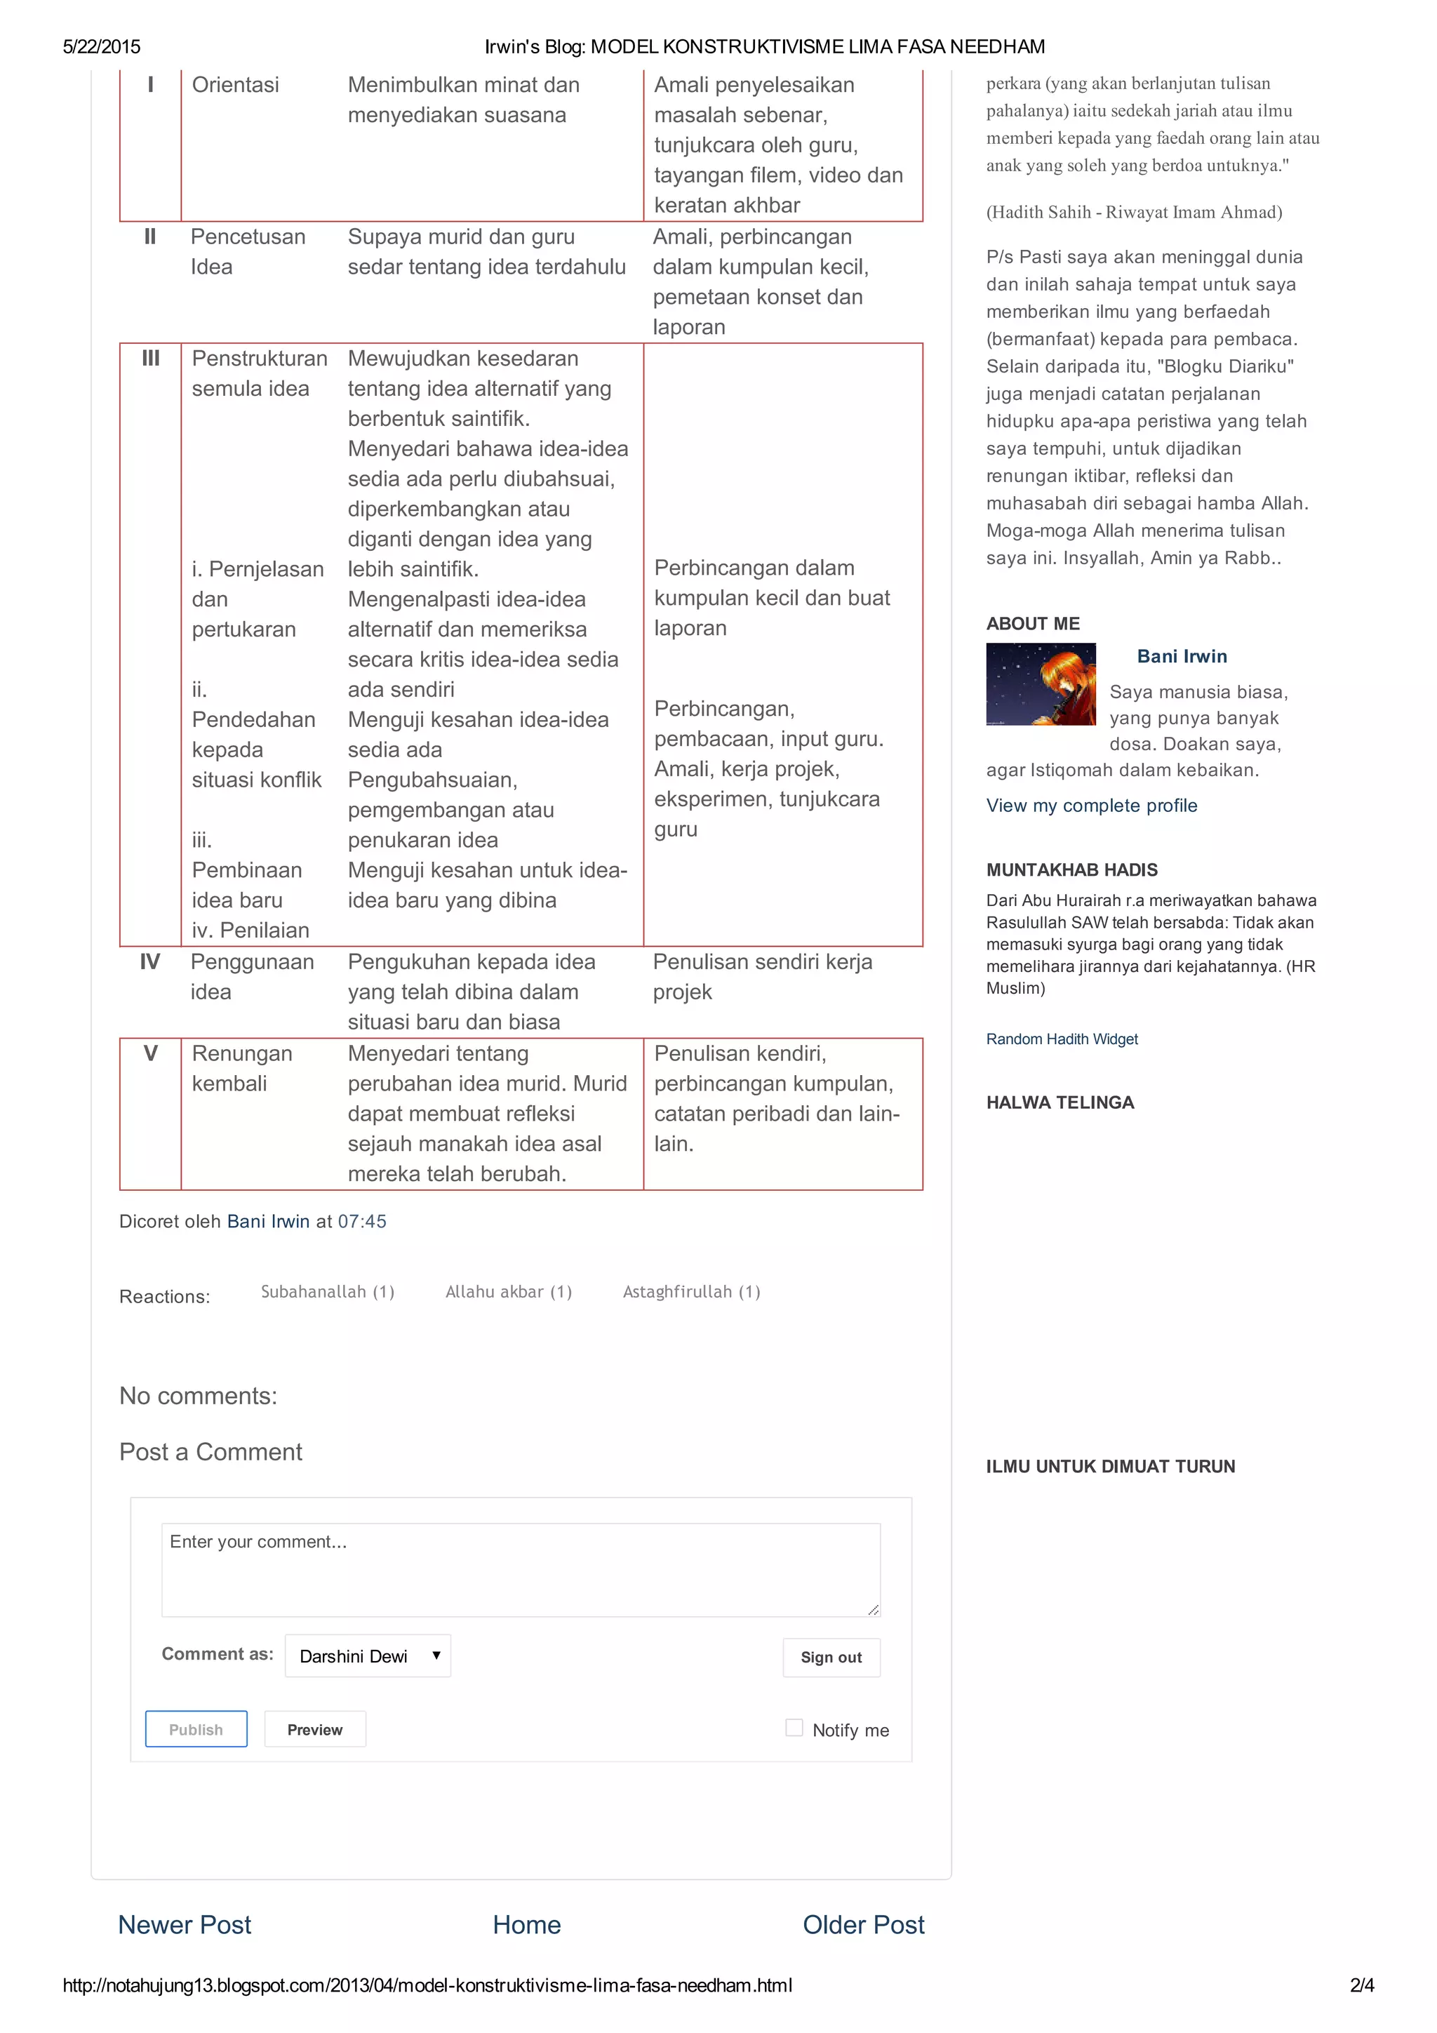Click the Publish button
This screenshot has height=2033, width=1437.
coord(196,1728)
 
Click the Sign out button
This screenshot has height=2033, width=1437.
coord(831,1657)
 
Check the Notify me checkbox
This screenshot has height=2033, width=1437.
coord(794,1728)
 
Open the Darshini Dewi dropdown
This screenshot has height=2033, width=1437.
coord(368,1655)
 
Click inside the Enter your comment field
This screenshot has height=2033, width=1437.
coord(521,1569)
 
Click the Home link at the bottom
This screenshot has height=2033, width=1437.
coord(526,1924)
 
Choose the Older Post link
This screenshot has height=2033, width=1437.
coord(862,1924)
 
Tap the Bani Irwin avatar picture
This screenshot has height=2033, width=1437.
coord(1041,684)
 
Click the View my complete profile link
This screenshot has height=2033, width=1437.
coord(1091,805)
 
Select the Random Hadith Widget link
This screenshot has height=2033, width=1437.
coord(1062,1039)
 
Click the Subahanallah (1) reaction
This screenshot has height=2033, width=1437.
coord(328,1291)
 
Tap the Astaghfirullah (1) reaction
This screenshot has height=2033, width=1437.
coord(690,1291)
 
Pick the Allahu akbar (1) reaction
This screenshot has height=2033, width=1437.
coord(508,1291)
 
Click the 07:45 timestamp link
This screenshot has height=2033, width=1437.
coord(361,1221)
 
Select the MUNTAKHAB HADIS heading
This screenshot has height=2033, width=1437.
coord(1071,869)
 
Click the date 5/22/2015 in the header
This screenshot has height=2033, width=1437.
coord(101,47)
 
